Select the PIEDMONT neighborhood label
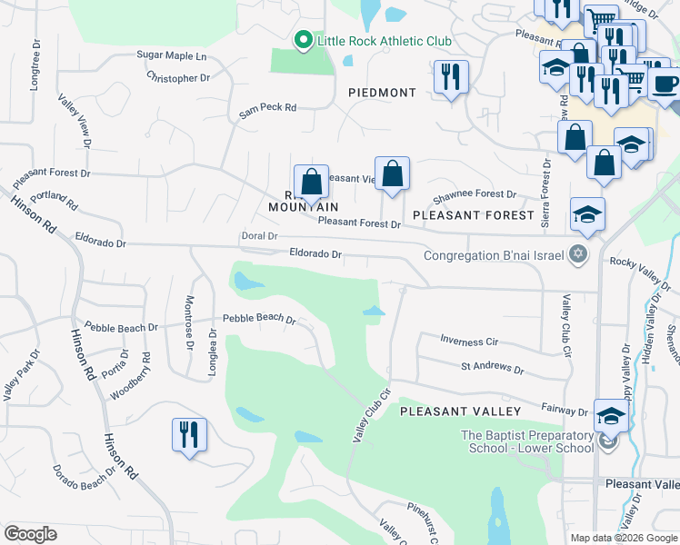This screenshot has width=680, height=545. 382,93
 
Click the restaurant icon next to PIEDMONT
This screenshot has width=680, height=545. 450,77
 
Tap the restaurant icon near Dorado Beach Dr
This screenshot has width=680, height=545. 189,433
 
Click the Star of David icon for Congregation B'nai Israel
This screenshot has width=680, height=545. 575,253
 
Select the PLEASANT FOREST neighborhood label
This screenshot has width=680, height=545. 473,215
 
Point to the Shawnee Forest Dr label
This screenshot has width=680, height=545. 474,194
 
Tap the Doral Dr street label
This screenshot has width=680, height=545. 260,236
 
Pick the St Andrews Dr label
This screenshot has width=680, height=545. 492,369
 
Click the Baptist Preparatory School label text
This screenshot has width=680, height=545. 526,441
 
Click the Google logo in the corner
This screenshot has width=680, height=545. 31,533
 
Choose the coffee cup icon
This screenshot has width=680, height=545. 665,84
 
